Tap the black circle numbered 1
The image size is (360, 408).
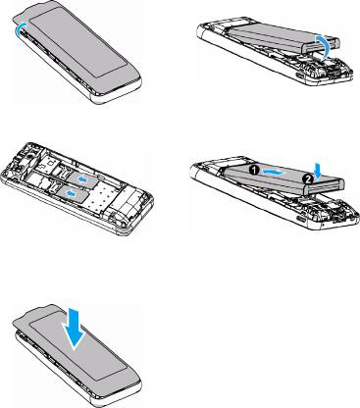255,170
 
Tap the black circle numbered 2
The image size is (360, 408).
307,178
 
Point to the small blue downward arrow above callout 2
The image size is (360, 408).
317,169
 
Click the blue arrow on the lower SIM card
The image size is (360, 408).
70,193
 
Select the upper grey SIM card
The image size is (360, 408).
82,179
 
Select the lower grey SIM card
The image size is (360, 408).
73,194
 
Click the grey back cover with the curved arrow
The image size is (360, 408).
78,46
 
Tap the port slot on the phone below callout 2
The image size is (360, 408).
300,217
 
